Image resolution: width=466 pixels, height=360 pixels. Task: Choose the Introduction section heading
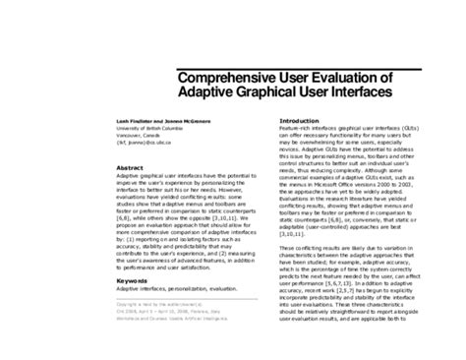tap(279, 120)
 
